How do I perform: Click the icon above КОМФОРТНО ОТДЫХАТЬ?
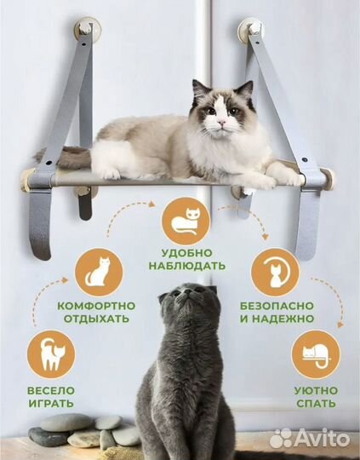(99, 272)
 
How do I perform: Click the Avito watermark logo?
(310, 438)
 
